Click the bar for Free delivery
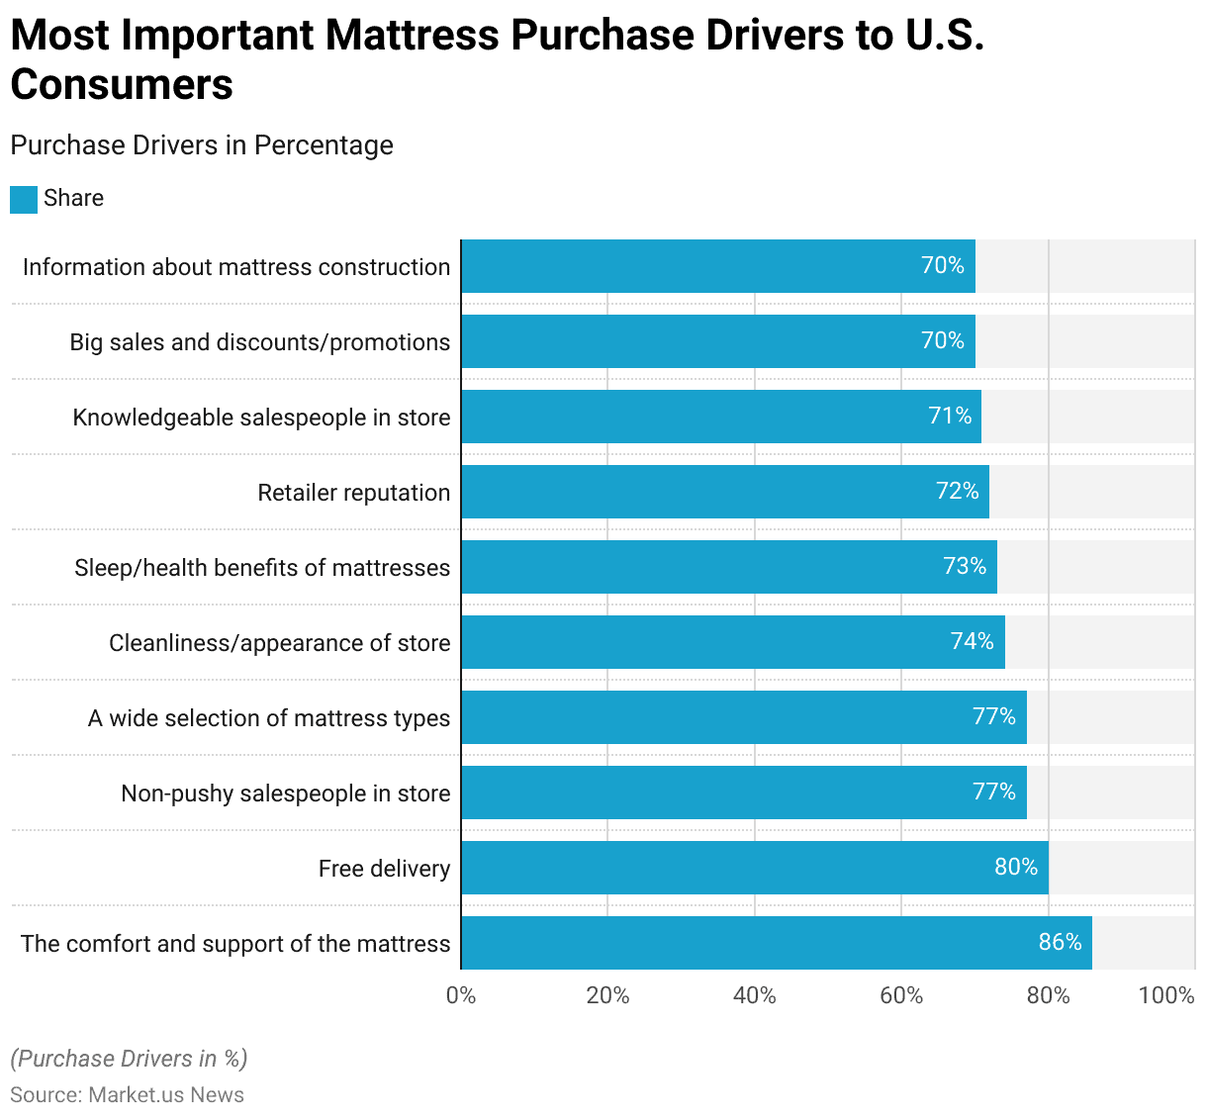pos(754,868)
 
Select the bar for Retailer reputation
pos(724,492)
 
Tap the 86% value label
pos(1060,942)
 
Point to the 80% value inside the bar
pos(1015,867)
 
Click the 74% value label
pos(972,641)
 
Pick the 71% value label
pos(950,416)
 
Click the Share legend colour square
pos(24,199)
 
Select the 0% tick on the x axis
pos(461,995)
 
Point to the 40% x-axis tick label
pos(754,995)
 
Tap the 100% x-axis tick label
pos(1166,995)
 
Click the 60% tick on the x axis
pos(901,995)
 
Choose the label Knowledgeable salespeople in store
pos(261,418)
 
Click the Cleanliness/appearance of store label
pos(279,643)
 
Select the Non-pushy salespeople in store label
pos(285,793)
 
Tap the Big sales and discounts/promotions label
pos(259,342)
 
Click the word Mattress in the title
pos(413,36)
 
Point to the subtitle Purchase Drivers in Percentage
pos(202,145)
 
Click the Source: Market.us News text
pos(127,1095)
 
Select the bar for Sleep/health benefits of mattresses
pos(728,567)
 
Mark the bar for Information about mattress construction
pos(717,266)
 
